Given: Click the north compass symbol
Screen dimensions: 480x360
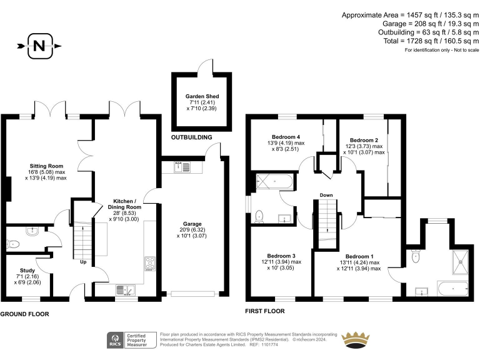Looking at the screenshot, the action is pyautogui.click(x=39, y=46).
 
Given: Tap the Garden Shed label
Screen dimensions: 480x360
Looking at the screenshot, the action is pyautogui.click(x=202, y=96).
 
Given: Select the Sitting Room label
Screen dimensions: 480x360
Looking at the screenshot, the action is pyautogui.click(x=46, y=166).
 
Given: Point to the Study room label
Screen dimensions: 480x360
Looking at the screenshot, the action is pyautogui.click(x=27, y=270).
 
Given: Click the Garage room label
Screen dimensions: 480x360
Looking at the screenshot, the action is pyautogui.click(x=192, y=224).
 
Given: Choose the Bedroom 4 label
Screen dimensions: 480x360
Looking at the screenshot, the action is pyautogui.click(x=286, y=137).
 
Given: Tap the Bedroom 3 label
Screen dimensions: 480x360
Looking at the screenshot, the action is pyautogui.click(x=281, y=256).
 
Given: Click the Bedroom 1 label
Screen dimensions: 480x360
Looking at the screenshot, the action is pyautogui.click(x=359, y=256).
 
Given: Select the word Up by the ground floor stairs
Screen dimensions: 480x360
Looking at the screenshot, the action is pyautogui.click(x=83, y=262).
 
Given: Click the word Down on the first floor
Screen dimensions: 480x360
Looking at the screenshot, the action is pyautogui.click(x=326, y=195).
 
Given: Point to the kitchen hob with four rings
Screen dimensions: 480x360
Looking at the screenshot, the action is pyautogui.click(x=150, y=264).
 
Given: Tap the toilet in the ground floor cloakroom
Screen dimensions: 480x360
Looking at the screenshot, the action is pyautogui.click(x=13, y=244).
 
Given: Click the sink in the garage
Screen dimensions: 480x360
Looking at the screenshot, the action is pyautogui.click(x=182, y=167).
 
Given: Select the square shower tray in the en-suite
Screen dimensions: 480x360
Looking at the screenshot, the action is pyautogui.click(x=461, y=262).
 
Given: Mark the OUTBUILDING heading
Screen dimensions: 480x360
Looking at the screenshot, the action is pyautogui.click(x=191, y=137).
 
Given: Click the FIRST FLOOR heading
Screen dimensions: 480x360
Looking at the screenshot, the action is pyautogui.click(x=265, y=311).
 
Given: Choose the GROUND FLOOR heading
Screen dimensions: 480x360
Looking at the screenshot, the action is pyautogui.click(x=24, y=314).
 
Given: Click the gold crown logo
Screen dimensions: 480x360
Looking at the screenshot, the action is pyautogui.click(x=356, y=339).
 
